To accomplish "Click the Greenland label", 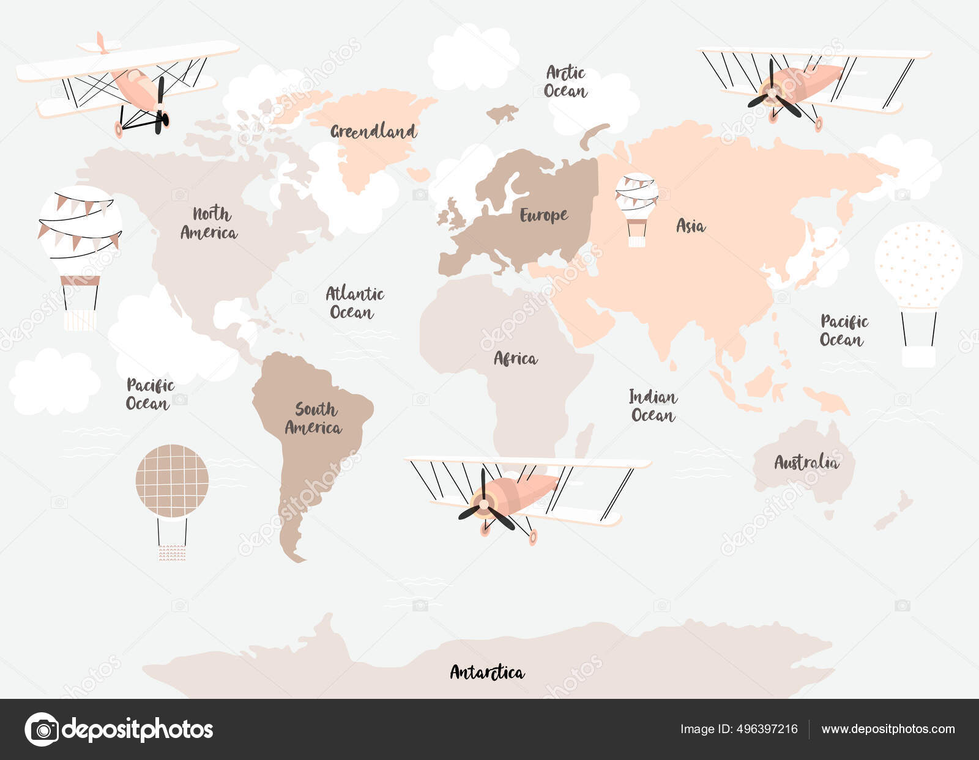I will (373, 131).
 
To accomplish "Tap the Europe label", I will (543, 215).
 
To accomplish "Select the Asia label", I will (690, 226).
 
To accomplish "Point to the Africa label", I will (515, 358).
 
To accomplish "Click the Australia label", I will (806, 462).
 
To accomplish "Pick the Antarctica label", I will (487, 673).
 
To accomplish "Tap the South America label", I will (313, 418).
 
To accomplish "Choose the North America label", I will (209, 223).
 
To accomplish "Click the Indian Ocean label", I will (653, 406).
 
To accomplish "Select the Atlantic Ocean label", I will (354, 303).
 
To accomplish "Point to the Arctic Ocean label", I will (565, 82).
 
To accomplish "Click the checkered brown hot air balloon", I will (172, 481).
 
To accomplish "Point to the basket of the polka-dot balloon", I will (918, 356).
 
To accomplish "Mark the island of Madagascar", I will (585, 440).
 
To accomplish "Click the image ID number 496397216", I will (765, 729).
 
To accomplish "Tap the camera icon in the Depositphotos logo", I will (42, 729).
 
